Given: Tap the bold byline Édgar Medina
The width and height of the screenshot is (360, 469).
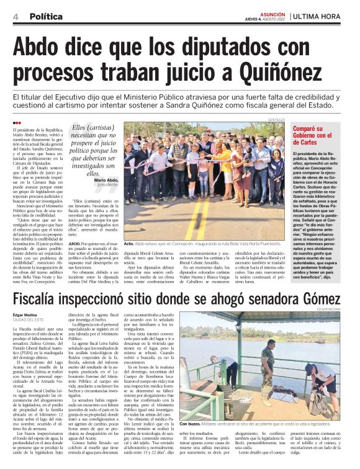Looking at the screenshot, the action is pyautogui.click(x=24, y=315).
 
